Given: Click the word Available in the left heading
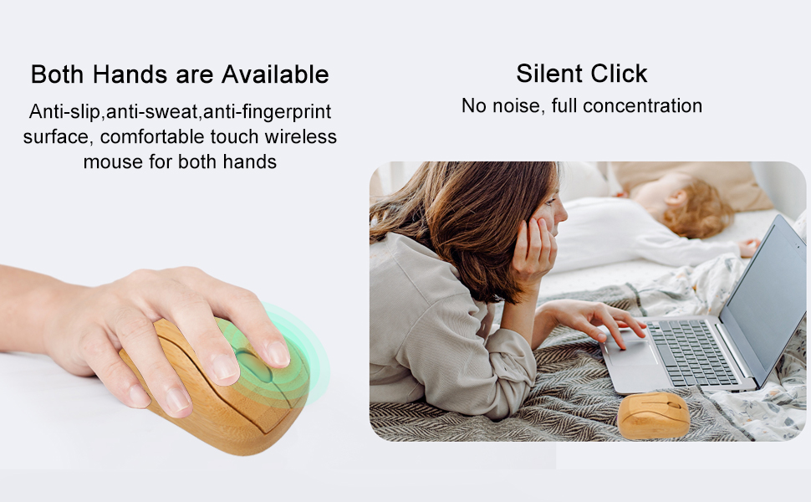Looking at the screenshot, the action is [x=275, y=74].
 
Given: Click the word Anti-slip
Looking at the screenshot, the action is [x=64, y=112].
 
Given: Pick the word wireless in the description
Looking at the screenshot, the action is [x=300, y=136].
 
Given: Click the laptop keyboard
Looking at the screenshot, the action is [x=691, y=351].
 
